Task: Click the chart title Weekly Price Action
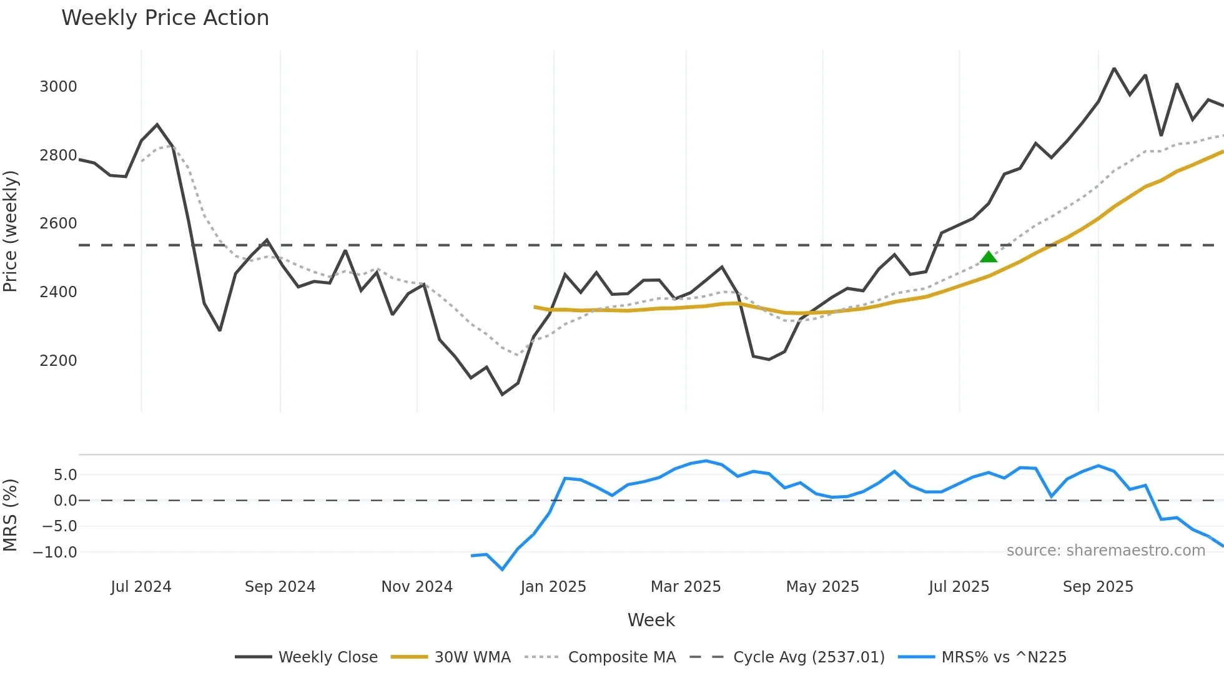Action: pyautogui.click(x=165, y=18)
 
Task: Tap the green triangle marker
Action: pyautogui.click(x=988, y=257)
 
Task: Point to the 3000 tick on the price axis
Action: pyautogui.click(x=58, y=87)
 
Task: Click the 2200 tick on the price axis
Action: pyautogui.click(x=58, y=361)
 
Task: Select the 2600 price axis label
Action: pyautogui.click(x=58, y=224)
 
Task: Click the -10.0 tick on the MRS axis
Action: pyautogui.click(x=55, y=553)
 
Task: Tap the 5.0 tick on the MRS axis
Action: pyautogui.click(x=65, y=475)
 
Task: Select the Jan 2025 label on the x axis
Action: pyautogui.click(x=553, y=587)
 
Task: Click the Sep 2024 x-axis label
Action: pyautogui.click(x=280, y=587)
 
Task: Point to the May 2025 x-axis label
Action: pyautogui.click(x=822, y=587)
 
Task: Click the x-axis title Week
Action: pyautogui.click(x=651, y=620)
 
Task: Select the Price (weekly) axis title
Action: pyautogui.click(x=11, y=231)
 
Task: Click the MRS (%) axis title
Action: pyautogui.click(x=11, y=515)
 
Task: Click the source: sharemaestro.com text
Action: pyautogui.click(x=1105, y=551)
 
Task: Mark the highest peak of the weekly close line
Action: pyautogui.click(x=1114, y=69)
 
